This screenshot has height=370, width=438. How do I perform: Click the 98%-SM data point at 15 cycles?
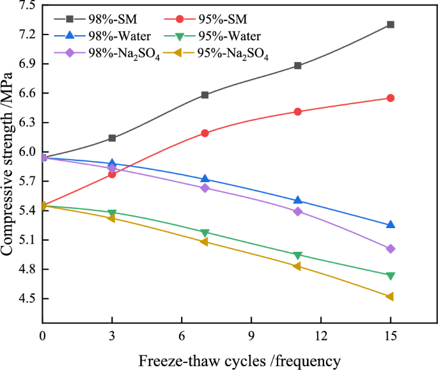point(390,24)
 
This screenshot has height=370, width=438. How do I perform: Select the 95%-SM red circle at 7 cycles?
point(205,133)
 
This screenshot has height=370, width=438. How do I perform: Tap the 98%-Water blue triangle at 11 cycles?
point(297,201)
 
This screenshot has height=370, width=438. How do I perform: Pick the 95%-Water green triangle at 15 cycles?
point(390,275)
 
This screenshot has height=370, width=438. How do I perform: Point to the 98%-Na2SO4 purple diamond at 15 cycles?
point(390,249)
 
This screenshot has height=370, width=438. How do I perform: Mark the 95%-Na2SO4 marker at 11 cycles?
point(297,266)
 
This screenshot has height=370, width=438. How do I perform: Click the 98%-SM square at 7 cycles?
point(205,95)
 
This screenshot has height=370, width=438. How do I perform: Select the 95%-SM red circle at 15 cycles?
point(390,98)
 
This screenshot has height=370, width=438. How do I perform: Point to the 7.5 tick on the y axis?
point(25,6)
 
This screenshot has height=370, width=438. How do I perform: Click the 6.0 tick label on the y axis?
point(25,153)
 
